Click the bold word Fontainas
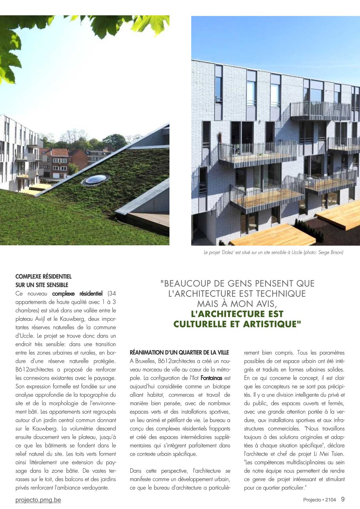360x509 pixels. tap(211, 378)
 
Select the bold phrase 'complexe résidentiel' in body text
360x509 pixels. tap(77, 294)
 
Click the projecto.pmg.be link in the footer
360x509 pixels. tap(38, 500)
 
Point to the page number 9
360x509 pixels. tap(343, 499)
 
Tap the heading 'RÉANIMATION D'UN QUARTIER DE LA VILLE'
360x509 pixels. tap(179, 352)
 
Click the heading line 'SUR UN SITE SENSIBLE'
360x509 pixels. tap(42, 285)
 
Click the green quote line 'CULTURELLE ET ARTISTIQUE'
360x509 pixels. tap(237, 324)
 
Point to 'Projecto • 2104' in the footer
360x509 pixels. tap(320, 500)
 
